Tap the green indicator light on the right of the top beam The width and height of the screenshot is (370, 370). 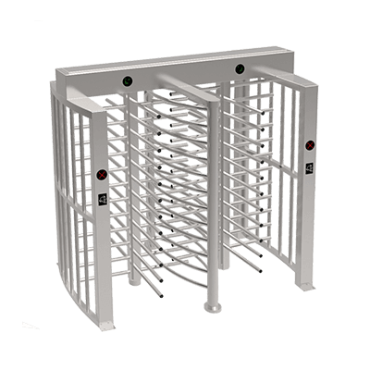tap(239, 68)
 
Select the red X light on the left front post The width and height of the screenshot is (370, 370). tap(103, 173)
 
